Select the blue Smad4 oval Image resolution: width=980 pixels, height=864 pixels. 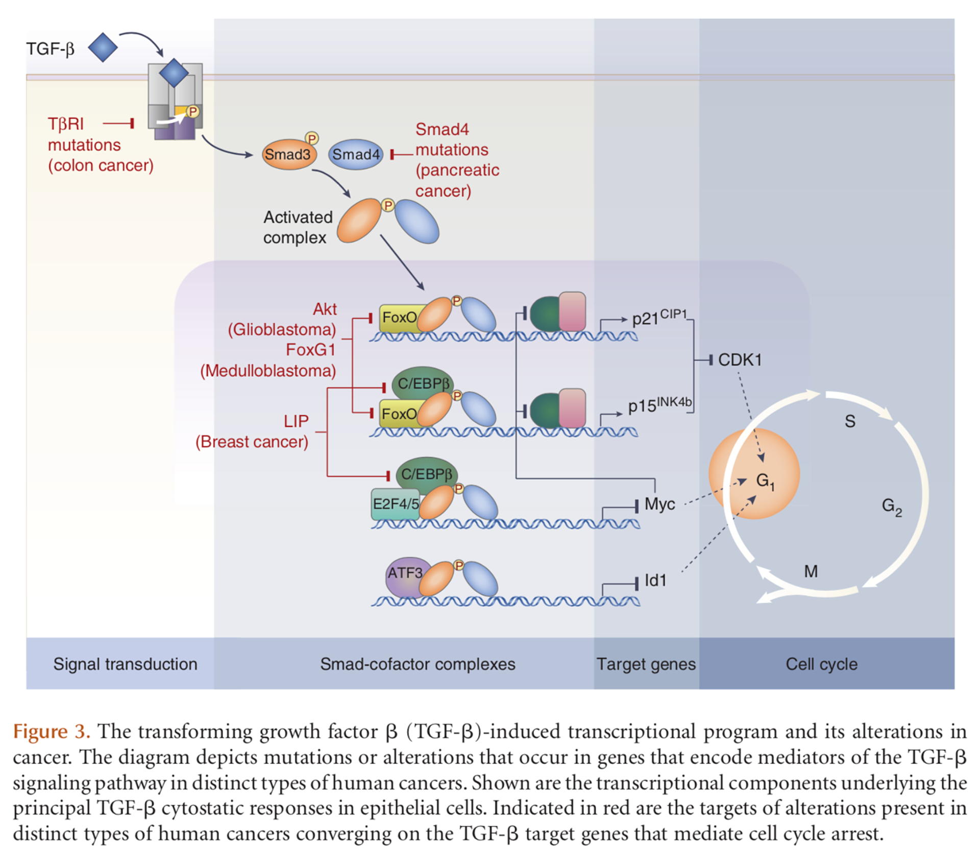356,154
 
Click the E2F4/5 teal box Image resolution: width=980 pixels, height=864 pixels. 396,505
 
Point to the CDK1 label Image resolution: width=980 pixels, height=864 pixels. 740,360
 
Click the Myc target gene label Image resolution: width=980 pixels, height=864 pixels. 659,505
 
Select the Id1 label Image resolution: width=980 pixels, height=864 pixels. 655,581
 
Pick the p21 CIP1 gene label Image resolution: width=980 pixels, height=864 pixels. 659,317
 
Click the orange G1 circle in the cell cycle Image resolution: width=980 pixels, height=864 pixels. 754,474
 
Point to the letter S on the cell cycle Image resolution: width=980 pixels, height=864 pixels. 850,421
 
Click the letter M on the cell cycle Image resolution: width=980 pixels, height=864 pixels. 811,571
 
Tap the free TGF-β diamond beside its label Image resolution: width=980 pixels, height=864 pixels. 103,47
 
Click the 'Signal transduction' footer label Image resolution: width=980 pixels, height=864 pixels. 125,664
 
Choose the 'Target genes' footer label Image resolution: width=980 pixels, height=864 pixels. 646,664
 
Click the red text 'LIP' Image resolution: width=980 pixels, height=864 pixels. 296,421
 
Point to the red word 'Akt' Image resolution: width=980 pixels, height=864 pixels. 325,309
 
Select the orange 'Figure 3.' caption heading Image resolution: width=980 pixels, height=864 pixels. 52,732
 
